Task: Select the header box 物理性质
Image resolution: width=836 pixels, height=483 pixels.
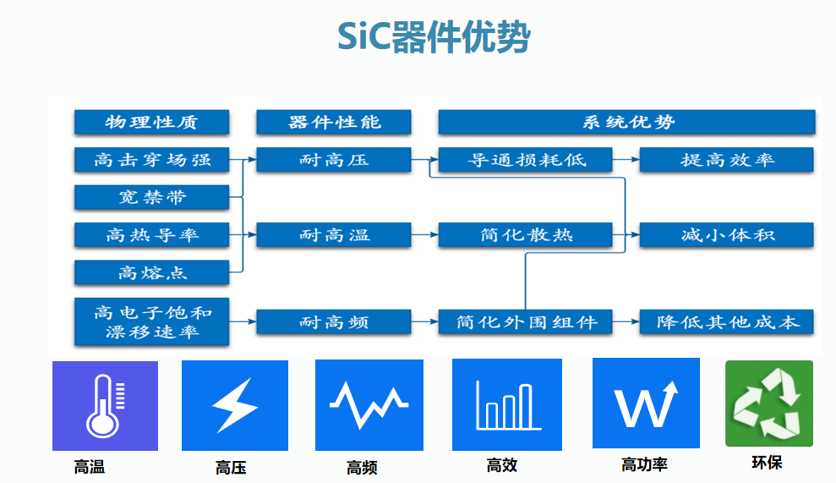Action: (151, 122)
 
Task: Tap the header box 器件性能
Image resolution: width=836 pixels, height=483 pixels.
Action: (334, 122)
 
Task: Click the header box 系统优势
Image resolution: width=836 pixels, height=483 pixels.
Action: (626, 122)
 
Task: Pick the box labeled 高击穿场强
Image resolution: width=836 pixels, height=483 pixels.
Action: (151, 160)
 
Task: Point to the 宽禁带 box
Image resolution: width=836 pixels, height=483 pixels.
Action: (151, 197)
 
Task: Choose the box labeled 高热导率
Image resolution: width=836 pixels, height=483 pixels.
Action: (151, 234)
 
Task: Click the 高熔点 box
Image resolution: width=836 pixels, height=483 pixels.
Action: (151, 272)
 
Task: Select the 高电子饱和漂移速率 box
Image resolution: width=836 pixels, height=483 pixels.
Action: (151, 321)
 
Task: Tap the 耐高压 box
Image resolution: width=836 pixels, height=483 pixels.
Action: (334, 160)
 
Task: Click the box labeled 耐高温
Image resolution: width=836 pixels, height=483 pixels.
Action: (334, 234)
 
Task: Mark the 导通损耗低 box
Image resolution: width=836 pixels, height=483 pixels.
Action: (526, 160)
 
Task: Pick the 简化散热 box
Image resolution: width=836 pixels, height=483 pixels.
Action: (526, 234)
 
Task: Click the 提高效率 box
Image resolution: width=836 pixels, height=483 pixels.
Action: (726, 160)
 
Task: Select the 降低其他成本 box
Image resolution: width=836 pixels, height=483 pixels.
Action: (726, 321)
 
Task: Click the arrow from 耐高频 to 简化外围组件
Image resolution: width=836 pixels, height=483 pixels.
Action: (424, 321)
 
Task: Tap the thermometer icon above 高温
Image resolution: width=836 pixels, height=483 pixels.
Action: (105, 406)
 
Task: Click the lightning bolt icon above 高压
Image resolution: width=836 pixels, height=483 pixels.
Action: (234, 406)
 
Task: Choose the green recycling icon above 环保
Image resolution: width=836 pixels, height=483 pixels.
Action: (768, 403)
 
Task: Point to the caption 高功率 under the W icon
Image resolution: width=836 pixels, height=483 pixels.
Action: (644, 464)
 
